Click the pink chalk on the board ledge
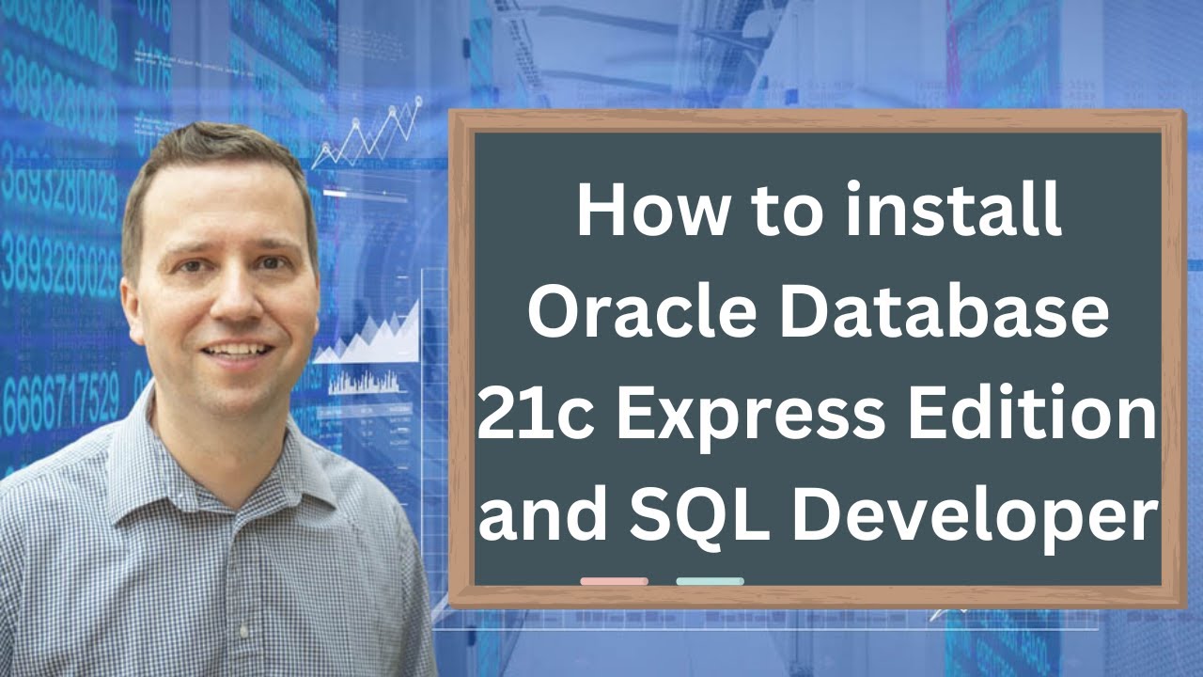click(x=614, y=581)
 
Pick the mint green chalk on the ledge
click(x=710, y=581)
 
